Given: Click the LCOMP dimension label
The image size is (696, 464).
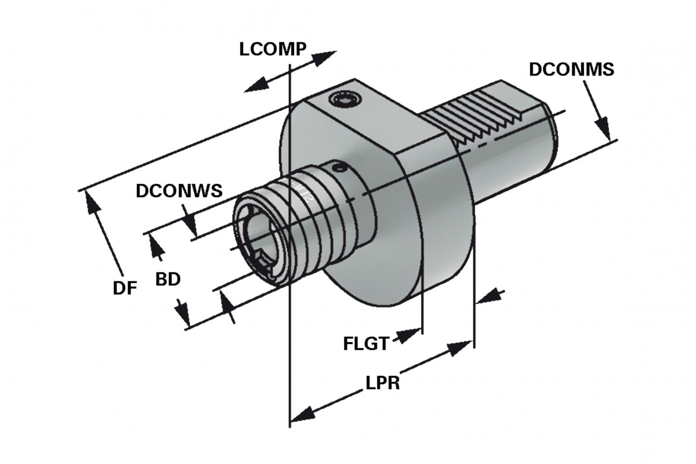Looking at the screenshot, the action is click(273, 49).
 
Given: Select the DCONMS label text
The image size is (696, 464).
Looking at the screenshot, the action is click(572, 69).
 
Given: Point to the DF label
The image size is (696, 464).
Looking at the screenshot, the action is click(125, 288).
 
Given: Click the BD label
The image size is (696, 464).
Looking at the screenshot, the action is click(168, 280).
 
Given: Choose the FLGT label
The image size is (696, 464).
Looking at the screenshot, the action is click(366, 343).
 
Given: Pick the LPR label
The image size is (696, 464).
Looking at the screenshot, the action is click(383, 383).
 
